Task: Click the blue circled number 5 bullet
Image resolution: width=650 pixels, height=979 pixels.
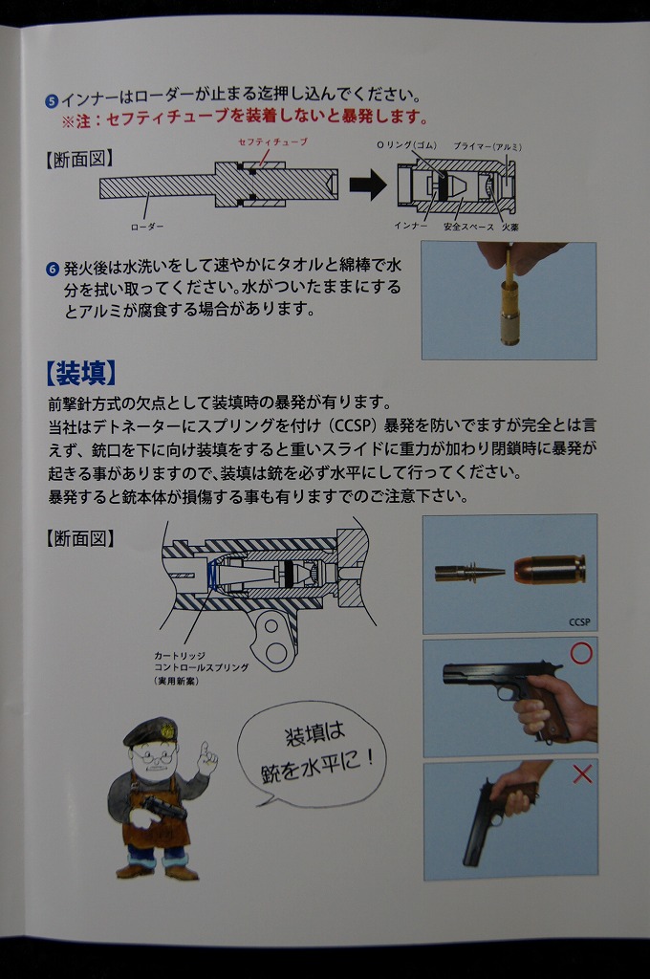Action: (x=53, y=99)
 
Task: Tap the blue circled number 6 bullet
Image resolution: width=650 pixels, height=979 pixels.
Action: (x=54, y=269)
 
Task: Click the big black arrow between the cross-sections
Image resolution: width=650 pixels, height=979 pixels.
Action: (x=368, y=185)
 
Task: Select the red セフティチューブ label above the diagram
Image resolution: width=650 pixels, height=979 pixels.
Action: (x=272, y=141)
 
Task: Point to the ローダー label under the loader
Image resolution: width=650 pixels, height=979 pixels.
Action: (x=147, y=227)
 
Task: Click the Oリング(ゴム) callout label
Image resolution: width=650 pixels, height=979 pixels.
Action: (x=406, y=145)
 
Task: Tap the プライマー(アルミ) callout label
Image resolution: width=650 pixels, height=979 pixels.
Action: (x=487, y=146)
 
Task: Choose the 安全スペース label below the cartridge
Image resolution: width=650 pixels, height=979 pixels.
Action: (x=468, y=227)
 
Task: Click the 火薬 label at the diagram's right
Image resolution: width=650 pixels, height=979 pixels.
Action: (x=510, y=227)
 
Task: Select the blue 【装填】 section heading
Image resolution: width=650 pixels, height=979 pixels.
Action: (x=81, y=373)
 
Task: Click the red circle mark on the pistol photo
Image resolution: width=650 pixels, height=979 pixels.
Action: (x=580, y=653)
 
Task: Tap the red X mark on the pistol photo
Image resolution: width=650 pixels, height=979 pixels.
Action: (x=582, y=774)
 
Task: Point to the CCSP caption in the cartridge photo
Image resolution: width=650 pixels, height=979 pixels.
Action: (x=579, y=621)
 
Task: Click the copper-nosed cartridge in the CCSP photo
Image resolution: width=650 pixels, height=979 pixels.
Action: (x=550, y=570)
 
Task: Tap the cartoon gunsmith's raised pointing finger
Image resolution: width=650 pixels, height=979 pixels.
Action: (x=204, y=748)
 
